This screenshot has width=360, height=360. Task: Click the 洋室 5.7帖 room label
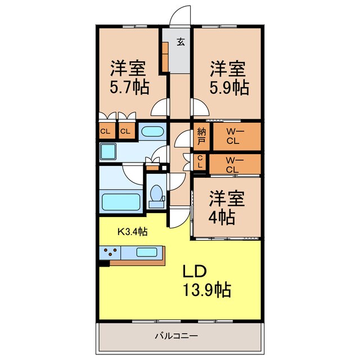click(x=129, y=78)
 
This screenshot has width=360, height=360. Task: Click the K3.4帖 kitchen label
click(x=132, y=231)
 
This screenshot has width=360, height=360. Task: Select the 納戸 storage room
click(x=201, y=137)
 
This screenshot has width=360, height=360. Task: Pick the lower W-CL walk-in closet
click(x=235, y=164)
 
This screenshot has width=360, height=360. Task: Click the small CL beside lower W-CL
click(x=200, y=164)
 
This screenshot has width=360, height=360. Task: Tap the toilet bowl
click(x=156, y=194)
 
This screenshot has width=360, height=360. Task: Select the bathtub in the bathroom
click(x=120, y=201)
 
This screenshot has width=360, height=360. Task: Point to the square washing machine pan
click(x=108, y=151)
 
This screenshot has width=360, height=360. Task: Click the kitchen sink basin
click(x=146, y=253)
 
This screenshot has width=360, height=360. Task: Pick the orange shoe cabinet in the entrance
click(x=165, y=56)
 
